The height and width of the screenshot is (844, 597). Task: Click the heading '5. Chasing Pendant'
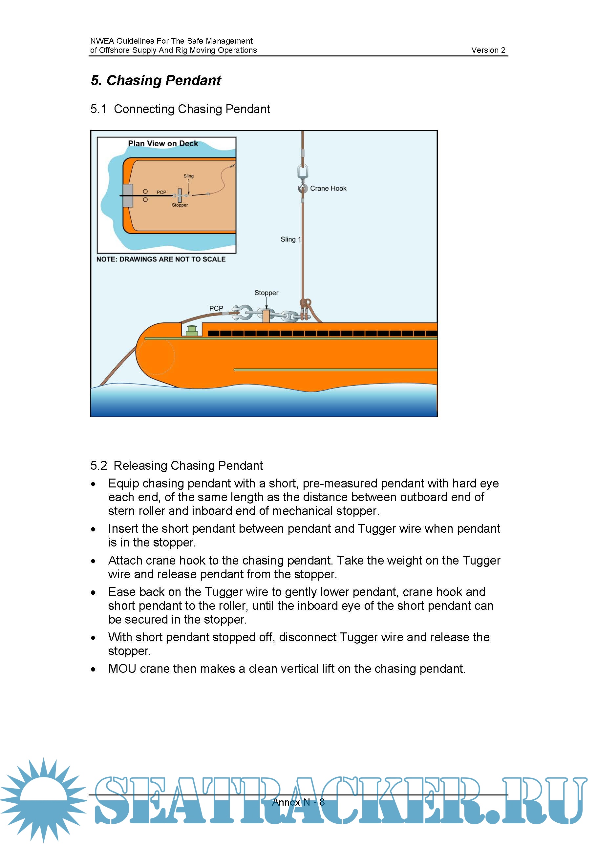(156, 80)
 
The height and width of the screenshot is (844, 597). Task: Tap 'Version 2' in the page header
(488, 51)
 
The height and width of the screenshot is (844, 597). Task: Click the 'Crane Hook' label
(328, 189)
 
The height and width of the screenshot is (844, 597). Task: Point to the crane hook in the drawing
(303, 188)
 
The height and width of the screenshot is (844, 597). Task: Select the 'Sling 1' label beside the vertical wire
(290, 239)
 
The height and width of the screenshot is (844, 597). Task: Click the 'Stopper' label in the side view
(266, 293)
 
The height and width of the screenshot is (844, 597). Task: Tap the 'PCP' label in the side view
(216, 308)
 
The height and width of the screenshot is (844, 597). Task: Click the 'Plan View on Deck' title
(163, 144)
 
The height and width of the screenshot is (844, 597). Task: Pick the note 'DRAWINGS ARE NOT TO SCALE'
(161, 259)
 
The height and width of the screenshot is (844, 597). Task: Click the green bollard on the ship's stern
(191, 330)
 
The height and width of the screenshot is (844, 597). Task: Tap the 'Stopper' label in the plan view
(180, 205)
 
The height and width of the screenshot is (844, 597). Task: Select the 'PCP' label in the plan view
(161, 192)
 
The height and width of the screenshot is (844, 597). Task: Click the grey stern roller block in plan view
(128, 196)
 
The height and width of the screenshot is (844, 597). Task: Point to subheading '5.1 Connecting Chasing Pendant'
(180, 109)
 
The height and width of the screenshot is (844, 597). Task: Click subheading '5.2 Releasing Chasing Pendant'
(177, 465)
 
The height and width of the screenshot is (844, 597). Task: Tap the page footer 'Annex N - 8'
(298, 802)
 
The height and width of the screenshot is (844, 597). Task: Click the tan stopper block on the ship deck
(266, 316)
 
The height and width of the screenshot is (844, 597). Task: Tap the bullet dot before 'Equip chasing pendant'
(94, 484)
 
